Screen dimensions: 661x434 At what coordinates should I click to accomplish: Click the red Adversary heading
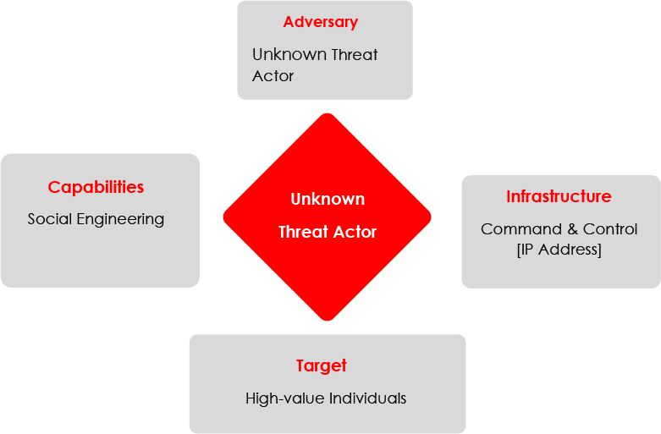point(321,22)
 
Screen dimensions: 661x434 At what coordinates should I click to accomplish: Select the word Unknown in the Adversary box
point(289,54)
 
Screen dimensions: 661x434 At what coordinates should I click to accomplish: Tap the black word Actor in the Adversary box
point(273,76)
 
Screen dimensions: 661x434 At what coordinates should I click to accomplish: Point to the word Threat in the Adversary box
point(355,54)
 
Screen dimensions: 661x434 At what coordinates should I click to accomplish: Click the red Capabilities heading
point(96,188)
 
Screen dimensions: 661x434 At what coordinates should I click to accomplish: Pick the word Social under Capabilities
point(50,218)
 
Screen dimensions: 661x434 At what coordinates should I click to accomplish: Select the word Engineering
point(120,219)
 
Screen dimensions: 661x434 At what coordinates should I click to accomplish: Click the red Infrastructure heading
point(559,196)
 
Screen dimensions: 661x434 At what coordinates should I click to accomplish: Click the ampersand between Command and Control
point(572,229)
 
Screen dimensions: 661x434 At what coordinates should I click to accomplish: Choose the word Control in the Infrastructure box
point(610,229)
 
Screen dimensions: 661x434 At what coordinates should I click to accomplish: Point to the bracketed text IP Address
point(559,250)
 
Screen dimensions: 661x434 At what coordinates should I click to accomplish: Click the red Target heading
point(322,365)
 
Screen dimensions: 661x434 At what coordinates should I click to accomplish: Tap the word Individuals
point(367,398)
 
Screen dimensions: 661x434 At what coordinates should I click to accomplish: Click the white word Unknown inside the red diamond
point(328,199)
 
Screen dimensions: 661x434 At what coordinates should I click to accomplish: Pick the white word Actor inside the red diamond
point(355,232)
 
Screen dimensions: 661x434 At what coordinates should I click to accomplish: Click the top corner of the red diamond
point(328,113)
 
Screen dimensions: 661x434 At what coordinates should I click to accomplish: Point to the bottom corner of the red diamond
point(328,321)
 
